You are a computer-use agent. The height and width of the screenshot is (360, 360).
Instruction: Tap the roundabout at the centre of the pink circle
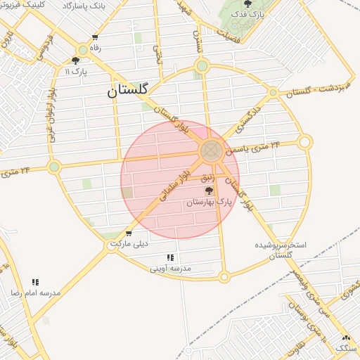[x=211, y=150]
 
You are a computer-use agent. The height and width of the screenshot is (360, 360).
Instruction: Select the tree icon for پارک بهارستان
[x=208, y=191]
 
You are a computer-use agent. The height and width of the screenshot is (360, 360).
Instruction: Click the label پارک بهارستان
[x=209, y=202]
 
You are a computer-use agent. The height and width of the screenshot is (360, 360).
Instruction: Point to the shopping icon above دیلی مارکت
[x=129, y=233]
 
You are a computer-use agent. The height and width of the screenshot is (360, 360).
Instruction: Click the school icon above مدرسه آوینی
[x=170, y=257]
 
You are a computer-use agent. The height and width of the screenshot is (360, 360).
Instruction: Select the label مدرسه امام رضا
[x=35, y=292]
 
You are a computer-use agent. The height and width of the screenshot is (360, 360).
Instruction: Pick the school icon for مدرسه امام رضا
[x=35, y=282]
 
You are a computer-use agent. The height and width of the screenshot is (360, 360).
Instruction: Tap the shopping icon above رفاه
[x=95, y=37]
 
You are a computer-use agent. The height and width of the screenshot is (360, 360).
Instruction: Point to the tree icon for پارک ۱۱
[x=75, y=60]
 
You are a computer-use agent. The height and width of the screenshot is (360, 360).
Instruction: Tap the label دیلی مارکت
[x=131, y=245]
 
